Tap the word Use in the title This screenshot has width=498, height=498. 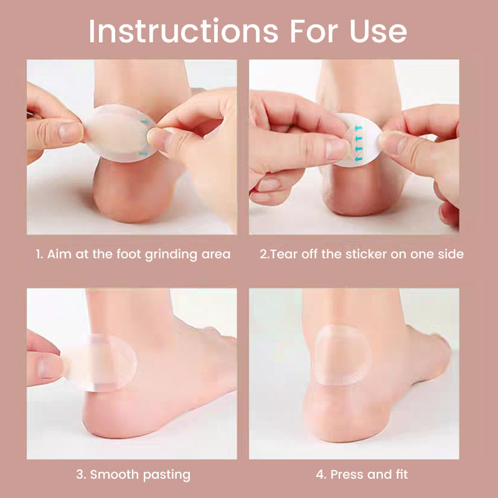tap(378, 32)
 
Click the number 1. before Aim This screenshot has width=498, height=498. tap(39, 255)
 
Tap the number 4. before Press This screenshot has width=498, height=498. tap(321, 474)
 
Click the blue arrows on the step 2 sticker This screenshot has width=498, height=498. tap(359, 143)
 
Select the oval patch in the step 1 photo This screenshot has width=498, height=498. tap(120, 133)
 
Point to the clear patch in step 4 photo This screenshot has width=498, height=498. tap(342, 355)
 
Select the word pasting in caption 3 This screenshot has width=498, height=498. tap(166, 476)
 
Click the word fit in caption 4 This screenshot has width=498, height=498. tap(402, 474)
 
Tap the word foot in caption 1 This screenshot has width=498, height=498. tap(129, 254)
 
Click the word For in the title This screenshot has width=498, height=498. tap(314, 32)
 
